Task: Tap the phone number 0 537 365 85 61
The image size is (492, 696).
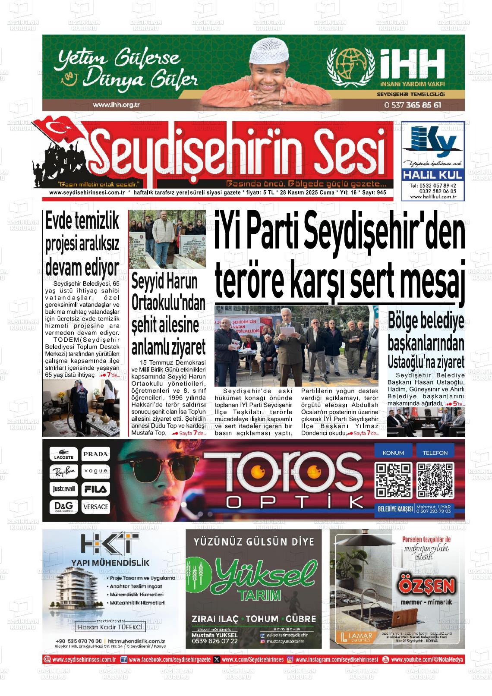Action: [412, 105]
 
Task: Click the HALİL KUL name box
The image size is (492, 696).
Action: [433, 175]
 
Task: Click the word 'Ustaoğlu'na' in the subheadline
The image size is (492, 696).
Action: [412, 361]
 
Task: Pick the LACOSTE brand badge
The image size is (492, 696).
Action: [64, 455]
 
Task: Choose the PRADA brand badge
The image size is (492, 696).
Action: [96, 454]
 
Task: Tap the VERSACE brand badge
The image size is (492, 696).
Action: [96, 506]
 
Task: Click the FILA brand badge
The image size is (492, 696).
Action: [96, 489]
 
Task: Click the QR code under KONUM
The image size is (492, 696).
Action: [393, 480]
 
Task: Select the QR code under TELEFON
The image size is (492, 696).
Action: [435, 480]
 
